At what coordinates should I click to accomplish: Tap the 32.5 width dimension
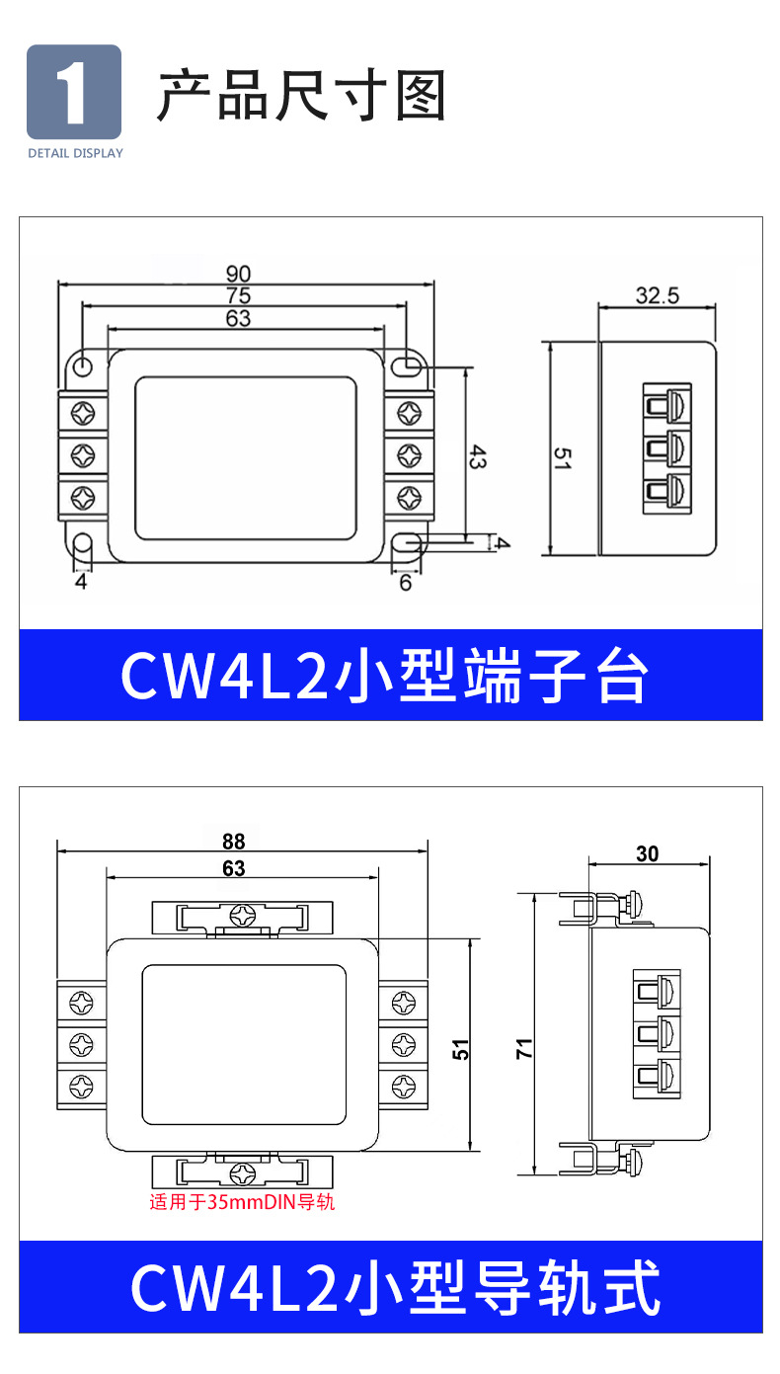[658, 295]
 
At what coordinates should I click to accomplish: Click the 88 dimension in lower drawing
[233, 842]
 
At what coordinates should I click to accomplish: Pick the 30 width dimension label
[648, 854]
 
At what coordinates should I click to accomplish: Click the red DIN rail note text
[243, 1203]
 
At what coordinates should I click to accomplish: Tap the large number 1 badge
[74, 92]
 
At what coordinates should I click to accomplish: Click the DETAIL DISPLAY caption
[75, 153]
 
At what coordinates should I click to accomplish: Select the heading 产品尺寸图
[302, 96]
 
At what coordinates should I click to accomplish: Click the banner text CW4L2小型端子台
[385, 677]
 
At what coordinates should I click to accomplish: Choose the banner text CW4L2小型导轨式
[395, 1287]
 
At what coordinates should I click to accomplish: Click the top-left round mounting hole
[84, 366]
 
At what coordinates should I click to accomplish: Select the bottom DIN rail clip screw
[243, 1172]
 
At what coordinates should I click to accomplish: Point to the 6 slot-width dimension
[405, 583]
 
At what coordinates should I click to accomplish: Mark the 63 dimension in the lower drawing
[234, 869]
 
